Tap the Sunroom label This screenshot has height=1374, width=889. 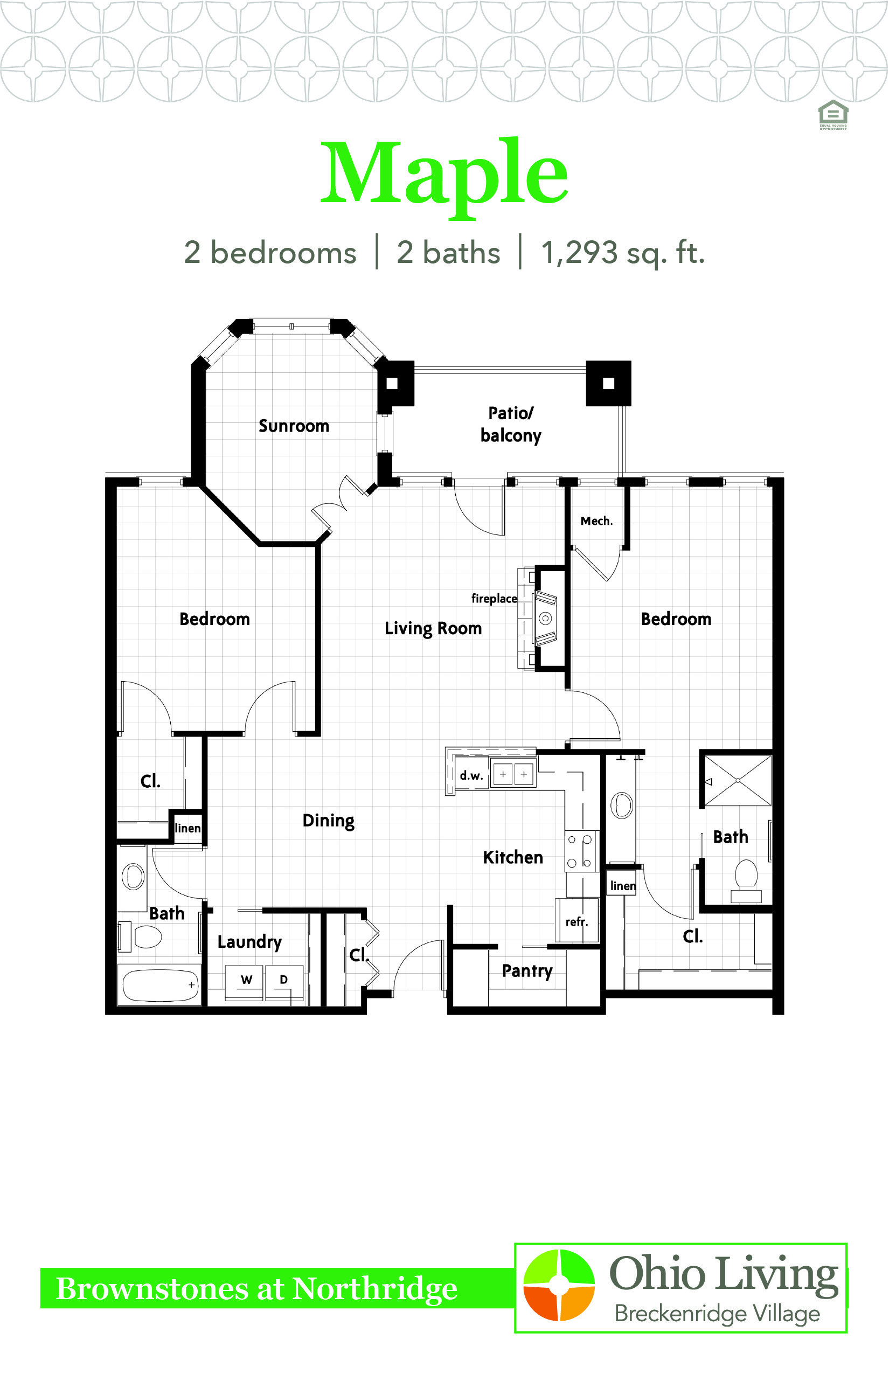click(294, 426)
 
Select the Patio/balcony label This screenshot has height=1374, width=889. click(511, 425)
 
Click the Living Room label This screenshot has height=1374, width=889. click(433, 628)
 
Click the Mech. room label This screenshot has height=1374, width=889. click(596, 521)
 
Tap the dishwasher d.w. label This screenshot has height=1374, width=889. click(471, 775)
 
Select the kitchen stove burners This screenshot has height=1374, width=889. click(580, 851)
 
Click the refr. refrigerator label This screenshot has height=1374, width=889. click(577, 922)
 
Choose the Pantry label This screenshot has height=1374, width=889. click(527, 971)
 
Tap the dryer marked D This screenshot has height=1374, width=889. click(284, 982)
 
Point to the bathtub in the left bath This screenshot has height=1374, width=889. click(159, 985)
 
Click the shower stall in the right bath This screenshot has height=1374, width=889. click(738, 781)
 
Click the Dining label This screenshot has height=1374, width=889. click(329, 820)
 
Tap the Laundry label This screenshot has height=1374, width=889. click(249, 942)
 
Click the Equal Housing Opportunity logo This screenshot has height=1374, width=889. click(833, 114)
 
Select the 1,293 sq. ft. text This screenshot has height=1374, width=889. click(623, 253)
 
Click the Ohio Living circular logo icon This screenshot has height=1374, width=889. click(559, 1285)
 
